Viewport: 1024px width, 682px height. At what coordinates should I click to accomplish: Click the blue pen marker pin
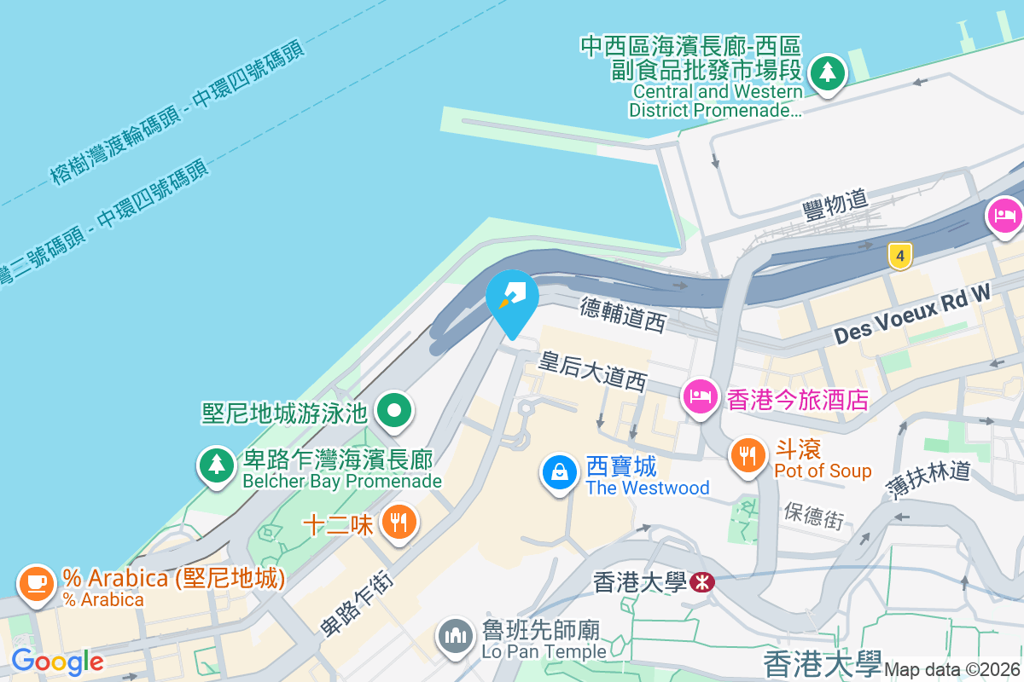point(512,296)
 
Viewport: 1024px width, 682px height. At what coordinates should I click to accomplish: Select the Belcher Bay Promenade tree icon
point(217,465)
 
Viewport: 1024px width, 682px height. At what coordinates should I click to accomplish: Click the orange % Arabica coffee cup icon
point(36,583)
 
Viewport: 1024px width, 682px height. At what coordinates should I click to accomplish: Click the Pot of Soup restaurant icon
point(748,454)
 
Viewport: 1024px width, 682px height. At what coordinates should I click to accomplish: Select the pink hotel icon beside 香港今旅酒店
point(700,396)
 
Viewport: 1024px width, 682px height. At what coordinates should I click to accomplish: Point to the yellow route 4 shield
point(899,255)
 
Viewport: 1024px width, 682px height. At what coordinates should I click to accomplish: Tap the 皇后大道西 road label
point(592,369)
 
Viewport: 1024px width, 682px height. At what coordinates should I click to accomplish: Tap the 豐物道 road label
point(835,205)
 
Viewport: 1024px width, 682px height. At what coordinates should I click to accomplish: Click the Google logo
point(57,661)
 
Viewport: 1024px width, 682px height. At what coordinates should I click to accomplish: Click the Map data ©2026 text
point(952,670)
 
